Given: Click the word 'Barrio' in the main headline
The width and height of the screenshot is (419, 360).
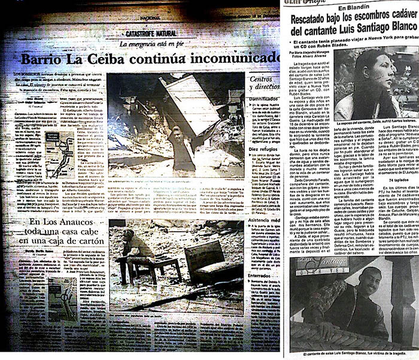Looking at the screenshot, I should pos(45,60).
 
